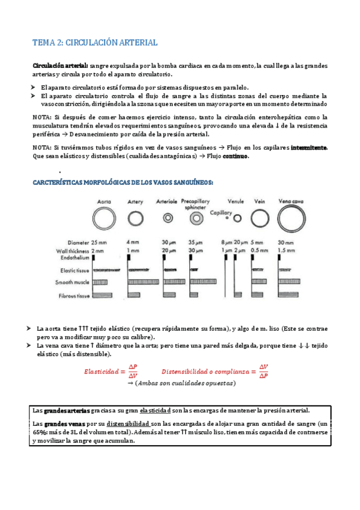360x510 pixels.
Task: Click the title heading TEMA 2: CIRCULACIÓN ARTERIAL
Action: click(94, 43)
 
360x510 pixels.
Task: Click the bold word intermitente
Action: click(309, 147)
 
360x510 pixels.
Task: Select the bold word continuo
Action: click(235, 156)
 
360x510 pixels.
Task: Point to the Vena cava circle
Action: click(291, 217)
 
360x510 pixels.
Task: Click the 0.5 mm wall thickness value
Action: click(260, 250)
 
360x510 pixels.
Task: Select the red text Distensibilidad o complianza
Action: click(206, 372)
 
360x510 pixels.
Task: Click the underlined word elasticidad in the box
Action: click(159, 410)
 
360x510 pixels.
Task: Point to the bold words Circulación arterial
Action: click(60, 66)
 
